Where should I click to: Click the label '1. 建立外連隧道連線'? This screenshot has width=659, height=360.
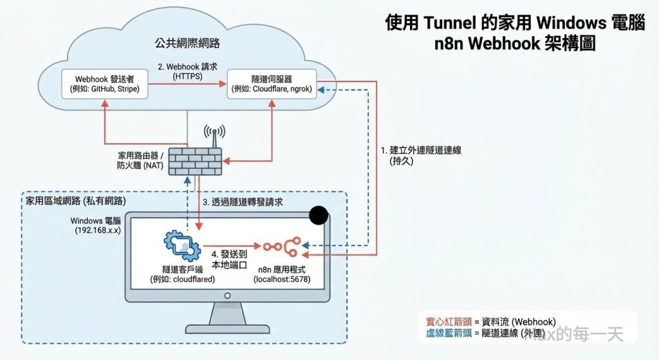click(422, 150)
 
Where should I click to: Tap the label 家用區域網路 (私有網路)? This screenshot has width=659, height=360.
click(75, 201)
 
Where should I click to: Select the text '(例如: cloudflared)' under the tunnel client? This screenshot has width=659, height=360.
click(182, 279)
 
